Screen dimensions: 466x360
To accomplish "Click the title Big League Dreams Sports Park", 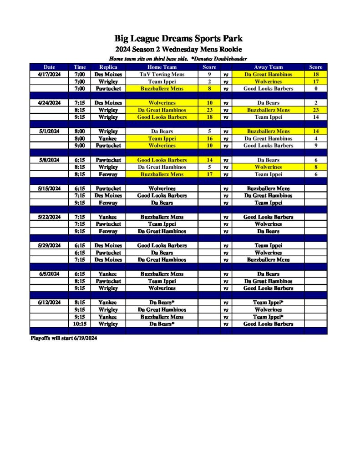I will pos(178,39).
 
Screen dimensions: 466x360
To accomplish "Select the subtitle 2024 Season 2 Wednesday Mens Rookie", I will pos(178,49).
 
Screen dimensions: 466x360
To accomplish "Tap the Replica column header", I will pos(108,67).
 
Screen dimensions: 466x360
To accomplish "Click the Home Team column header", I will pos(162,67).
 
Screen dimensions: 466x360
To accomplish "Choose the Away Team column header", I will pos(268,67).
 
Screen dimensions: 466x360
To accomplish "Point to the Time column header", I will pos(80,67).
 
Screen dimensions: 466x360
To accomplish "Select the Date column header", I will pos(49,67).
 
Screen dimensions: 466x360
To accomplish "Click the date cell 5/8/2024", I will pos(49,160).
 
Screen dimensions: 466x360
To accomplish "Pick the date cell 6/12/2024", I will pos(49,303).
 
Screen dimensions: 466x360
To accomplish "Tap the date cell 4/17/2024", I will pos(49,74).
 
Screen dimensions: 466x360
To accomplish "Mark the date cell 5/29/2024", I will pos(49,246).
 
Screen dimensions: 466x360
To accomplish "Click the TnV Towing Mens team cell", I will pos(162,74).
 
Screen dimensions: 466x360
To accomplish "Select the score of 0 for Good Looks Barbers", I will pos(315,89).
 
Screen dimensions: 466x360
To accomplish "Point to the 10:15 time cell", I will pos(80,324).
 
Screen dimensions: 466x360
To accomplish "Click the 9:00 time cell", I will pos(80,146).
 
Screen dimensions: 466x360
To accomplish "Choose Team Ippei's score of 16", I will pos(209,138).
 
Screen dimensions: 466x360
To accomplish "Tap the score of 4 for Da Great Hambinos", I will pos(315,138).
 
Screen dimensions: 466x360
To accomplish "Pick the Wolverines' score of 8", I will pos(315,167).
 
